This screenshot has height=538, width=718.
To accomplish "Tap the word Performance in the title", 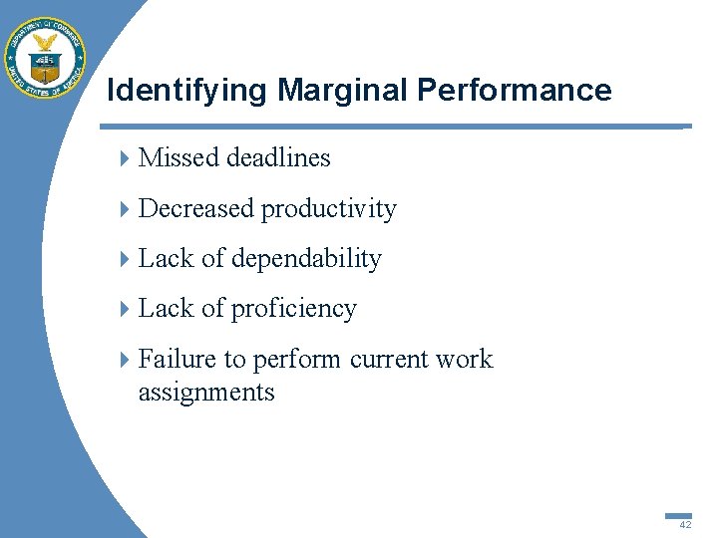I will [515, 91].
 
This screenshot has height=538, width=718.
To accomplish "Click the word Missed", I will [179, 157].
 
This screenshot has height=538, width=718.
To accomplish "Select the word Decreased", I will [196, 208].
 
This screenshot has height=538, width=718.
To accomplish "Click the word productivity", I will [329, 209].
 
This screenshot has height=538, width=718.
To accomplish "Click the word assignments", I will [206, 393].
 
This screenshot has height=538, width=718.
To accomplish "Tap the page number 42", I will [685, 524].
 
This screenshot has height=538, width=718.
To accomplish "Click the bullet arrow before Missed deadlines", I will [124, 158].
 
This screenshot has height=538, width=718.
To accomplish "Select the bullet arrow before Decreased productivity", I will [124, 209].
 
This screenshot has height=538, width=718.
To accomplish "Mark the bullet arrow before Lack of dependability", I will [124, 259].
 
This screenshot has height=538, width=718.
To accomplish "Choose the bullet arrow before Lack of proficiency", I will [124, 310].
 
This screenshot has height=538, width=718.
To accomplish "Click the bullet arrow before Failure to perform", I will [124, 360].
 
